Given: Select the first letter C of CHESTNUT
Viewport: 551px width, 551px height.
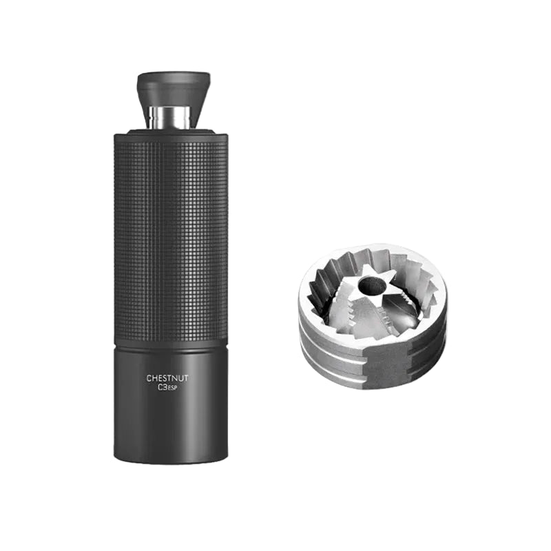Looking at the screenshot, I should [149, 377].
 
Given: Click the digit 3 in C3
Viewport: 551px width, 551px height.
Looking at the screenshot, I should [165, 388].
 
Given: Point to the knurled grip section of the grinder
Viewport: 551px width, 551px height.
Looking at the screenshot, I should [170, 234].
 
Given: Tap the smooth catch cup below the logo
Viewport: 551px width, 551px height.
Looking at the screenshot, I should [170, 420].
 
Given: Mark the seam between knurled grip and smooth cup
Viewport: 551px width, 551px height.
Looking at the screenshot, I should [170, 344].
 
